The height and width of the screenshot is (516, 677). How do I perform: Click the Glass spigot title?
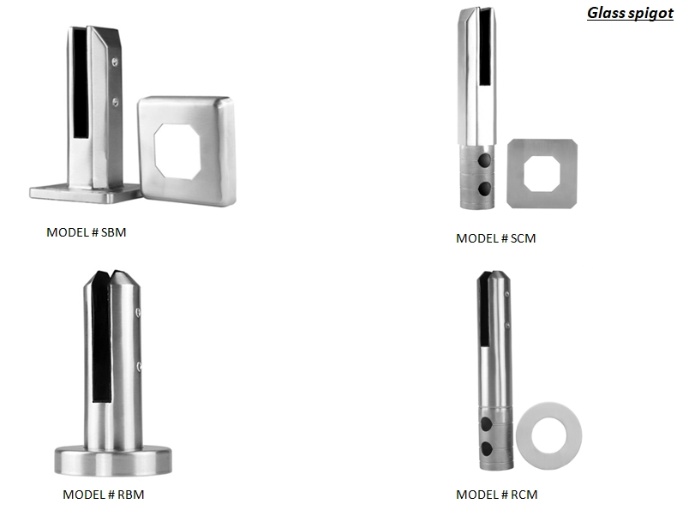coord(630,14)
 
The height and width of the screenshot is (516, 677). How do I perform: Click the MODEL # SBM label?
coord(87,232)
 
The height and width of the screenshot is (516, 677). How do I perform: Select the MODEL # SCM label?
coord(495,238)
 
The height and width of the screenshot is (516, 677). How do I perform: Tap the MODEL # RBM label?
coord(103,495)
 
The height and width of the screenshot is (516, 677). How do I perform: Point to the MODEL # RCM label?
coord(496,495)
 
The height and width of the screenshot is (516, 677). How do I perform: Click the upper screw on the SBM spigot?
coord(115,63)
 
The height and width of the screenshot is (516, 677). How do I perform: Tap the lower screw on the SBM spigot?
coord(116,102)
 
